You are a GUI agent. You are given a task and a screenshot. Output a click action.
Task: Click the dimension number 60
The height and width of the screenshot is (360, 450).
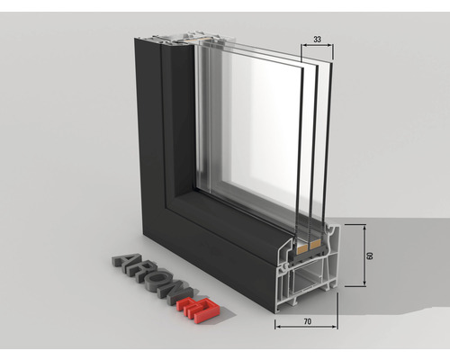(x=370, y=256)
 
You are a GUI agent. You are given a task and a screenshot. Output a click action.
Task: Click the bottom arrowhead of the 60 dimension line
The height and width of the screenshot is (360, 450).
(x=363, y=284)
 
